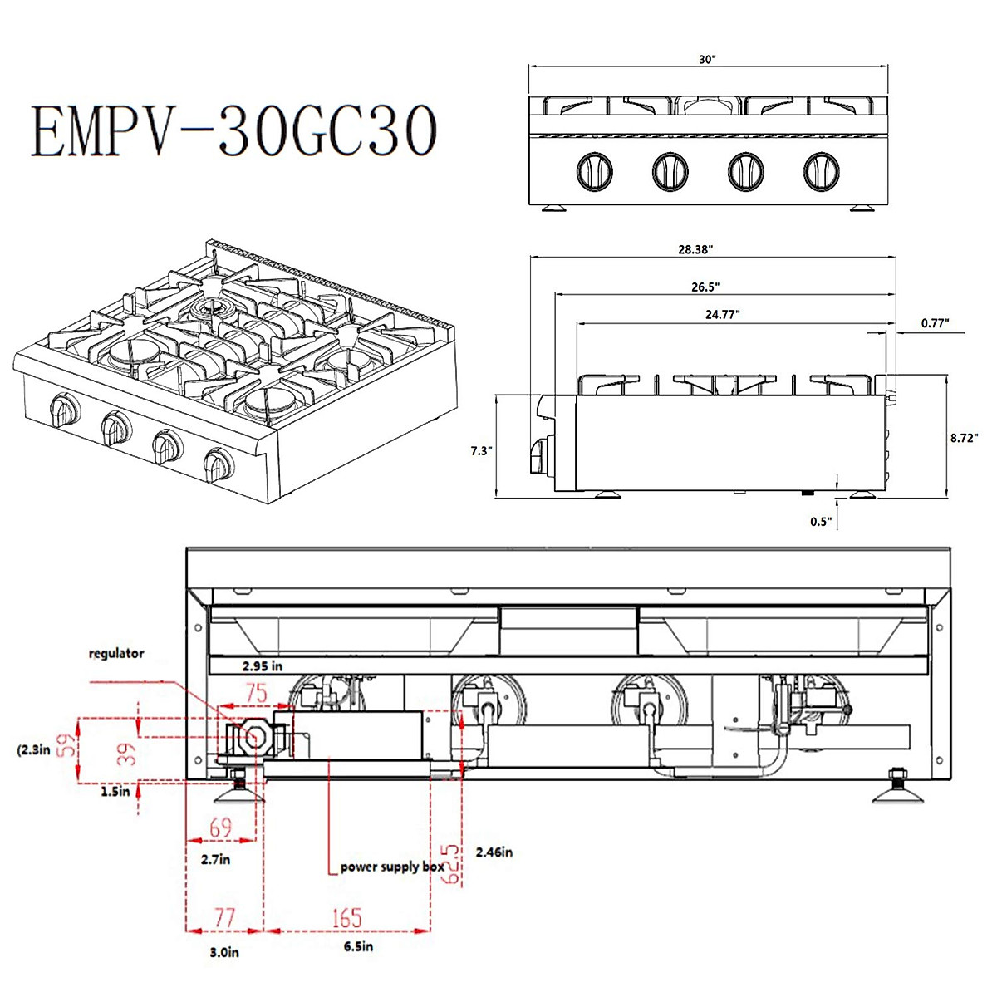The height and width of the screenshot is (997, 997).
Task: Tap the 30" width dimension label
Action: pyautogui.click(x=707, y=60)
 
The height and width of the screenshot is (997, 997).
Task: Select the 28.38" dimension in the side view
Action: pyautogui.click(x=695, y=249)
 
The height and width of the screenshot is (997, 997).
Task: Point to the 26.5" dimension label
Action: pyautogui.click(x=705, y=287)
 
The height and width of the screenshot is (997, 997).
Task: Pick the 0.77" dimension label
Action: pyautogui.click(x=935, y=323)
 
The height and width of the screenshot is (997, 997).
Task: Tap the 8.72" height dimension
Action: pyautogui.click(x=964, y=437)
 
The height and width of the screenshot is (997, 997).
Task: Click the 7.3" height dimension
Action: pyautogui.click(x=481, y=451)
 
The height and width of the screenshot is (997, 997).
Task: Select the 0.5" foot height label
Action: pyautogui.click(x=821, y=522)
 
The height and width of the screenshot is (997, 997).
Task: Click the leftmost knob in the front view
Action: pyautogui.click(x=595, y=171)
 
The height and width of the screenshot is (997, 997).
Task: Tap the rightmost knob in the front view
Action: pyautogui.click(x=822, y=171)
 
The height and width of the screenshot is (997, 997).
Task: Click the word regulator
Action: pyautogui.click(x=116, y=654)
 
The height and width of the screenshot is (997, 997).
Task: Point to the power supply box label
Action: pyautogui.click(x=392, y=867)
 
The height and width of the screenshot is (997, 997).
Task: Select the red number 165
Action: pyautogui.click(x=346, y=918)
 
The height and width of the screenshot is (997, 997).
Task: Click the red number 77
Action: pyautogui.click(x=224, y=918)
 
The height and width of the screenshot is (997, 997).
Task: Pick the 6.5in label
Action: pyautogui.click(x=358, y=947)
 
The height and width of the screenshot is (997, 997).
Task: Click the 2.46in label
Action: pyautogui.click(x=494, y=852)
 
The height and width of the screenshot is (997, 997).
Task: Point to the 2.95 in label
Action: pyautogui.click(x=263, y=665)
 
